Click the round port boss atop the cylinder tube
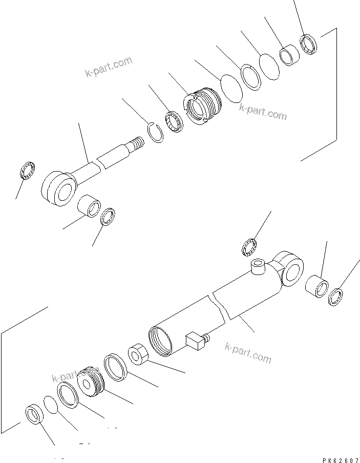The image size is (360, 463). [x=257, y=266]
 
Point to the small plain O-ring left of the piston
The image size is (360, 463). [x=51, y=404]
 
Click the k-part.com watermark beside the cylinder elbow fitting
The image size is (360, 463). [x=248, y=353]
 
